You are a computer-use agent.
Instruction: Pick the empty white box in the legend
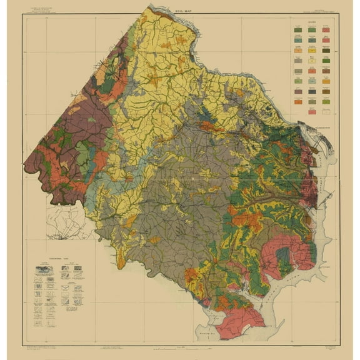(327, 112)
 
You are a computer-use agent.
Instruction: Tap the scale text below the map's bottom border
(181, 344)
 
